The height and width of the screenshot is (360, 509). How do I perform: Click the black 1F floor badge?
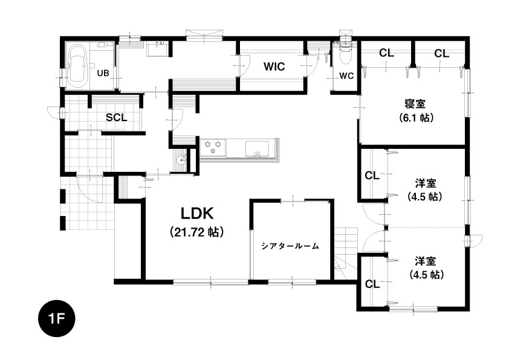click(56, 318)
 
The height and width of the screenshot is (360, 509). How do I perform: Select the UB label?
click(103, 73)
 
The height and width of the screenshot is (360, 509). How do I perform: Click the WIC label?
click(274, 67)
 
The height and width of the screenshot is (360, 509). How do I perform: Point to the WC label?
click(346, 76)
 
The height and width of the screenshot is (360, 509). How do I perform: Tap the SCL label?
click(117, 117)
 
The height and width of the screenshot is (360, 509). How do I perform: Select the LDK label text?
click(197, 214)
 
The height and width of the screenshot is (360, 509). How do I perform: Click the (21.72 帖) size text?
click(197, 232)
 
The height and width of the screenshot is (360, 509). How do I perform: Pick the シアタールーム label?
click(290, 246)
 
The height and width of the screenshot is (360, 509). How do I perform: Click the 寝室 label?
click(415, 104)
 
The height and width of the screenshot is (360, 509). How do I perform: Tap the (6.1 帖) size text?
click(417, 117)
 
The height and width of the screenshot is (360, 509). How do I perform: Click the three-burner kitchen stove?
click(213, 146)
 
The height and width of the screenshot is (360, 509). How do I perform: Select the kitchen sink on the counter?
click(257, 148)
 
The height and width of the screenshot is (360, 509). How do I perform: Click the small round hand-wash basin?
click(181, 160)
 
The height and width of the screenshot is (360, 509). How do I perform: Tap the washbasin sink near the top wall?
click(157, 50)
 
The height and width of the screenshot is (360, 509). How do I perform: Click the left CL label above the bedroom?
click(386, 53)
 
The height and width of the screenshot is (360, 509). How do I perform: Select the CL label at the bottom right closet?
click(372, 284)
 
